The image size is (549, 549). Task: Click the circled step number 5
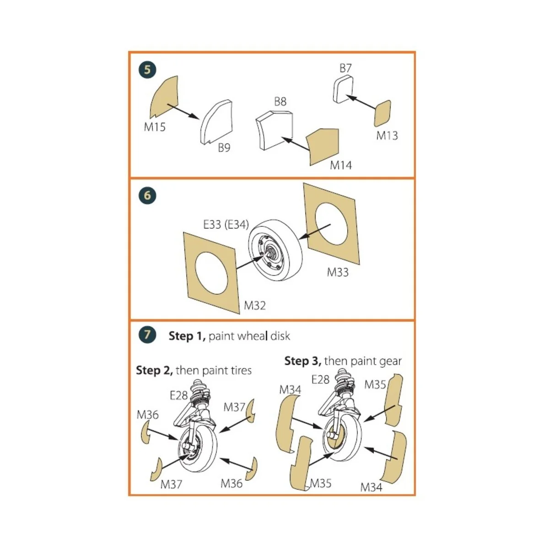[147, 70]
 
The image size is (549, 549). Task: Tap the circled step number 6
[147, 196]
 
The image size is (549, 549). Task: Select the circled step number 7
[147, 335]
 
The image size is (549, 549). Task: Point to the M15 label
[155, 127]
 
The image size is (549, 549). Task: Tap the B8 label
[280, 102]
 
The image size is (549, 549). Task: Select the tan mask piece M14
[323, 147]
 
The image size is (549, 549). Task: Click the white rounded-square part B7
[343, 90]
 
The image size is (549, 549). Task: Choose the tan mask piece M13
[382, 113]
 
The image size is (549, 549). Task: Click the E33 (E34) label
[226, 225]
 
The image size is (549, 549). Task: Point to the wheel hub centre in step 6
[270, 252]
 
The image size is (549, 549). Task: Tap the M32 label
[254, 305]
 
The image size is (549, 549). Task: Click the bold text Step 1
[187, 336]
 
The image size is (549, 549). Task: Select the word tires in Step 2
[241, 371]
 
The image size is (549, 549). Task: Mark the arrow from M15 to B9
[183, 112]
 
